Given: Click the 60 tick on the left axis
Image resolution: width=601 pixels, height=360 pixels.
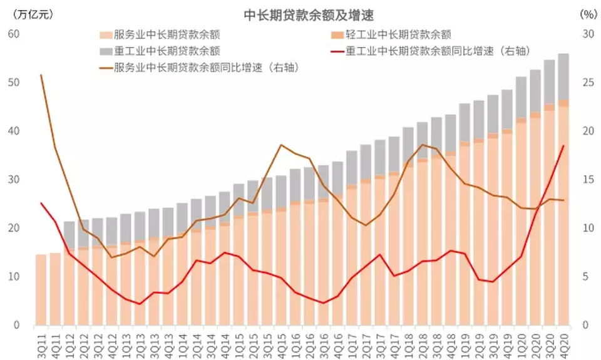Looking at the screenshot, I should (14, 34).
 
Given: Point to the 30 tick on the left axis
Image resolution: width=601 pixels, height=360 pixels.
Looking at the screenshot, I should (14, 180).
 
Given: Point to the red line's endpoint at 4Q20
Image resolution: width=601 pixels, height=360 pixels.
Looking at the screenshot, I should (563, 146).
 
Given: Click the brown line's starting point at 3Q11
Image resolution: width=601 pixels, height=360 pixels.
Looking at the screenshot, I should (41, 75).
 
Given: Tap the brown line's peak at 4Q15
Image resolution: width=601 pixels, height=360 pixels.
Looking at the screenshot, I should (281, 145).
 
